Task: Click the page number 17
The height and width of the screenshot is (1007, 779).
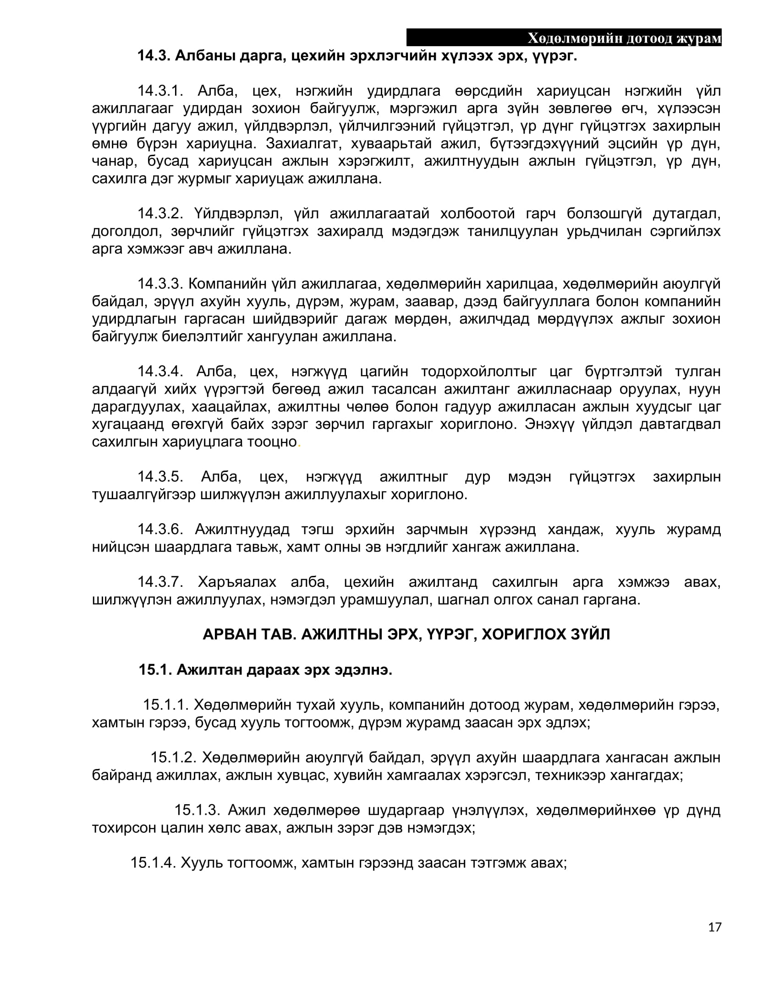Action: pyautogui.click(x=714, y=927)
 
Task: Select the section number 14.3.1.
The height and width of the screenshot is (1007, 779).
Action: pyautogui.click(x=160, y=91)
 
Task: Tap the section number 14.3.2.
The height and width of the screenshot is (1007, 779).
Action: pyautogui.click(x=160, y=213)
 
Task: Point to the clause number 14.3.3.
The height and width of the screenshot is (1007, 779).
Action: pyautogui.click(x=160, y=284)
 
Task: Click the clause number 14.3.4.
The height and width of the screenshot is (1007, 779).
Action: pyautogui.click(x=160, y=371)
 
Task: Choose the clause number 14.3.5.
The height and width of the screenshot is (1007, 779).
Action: pyautogui.click(x=160, y=476)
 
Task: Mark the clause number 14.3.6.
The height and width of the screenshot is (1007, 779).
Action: pyautogui.click(x=160, y=529)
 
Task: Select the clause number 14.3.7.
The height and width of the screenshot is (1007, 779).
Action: pyautogui.click(x=160, y=582)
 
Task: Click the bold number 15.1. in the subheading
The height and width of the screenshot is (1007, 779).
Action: pyautogui.click(x=155, y=670)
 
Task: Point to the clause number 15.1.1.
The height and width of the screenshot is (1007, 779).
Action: pyautogui.click(x=166, y=704)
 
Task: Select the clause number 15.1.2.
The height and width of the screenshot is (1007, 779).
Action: pyautogui.click(x=174, y=757)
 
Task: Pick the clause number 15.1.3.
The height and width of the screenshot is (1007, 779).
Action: pyautogui.click(x=197, y=810)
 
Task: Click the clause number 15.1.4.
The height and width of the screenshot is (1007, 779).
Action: pyautogui.click(x=153, y=862)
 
